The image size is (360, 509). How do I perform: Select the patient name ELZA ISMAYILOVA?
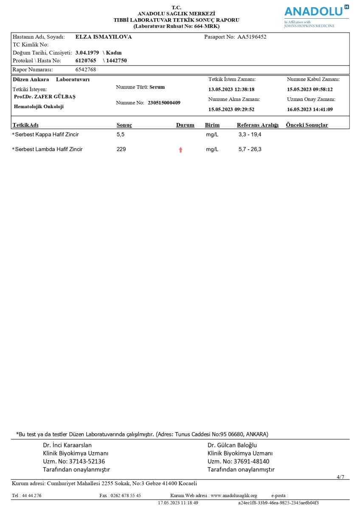point(104,37)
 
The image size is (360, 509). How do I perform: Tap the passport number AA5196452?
point(252,37)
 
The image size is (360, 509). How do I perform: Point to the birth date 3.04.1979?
point(87,53)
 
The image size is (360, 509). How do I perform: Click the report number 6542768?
point(86,70)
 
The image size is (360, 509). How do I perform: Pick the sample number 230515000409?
point(164,103)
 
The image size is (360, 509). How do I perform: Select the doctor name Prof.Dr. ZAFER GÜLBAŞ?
point(45,97)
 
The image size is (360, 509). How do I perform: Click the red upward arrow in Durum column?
point(180,150)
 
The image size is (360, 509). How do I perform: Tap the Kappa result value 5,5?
point(121,134)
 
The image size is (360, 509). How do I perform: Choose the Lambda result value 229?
point(121,149)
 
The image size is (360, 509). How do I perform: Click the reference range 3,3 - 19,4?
point(250,134)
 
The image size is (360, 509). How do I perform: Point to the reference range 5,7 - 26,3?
point(250,149)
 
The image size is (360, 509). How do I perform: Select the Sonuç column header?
point(124,125)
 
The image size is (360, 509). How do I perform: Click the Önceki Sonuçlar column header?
point(307,125)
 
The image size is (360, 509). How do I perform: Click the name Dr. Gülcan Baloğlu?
point(232,445)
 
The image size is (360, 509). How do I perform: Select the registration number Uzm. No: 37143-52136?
point(74,461)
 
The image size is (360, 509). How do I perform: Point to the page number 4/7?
point(340,477)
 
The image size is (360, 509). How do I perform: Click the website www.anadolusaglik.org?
point(234,495)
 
